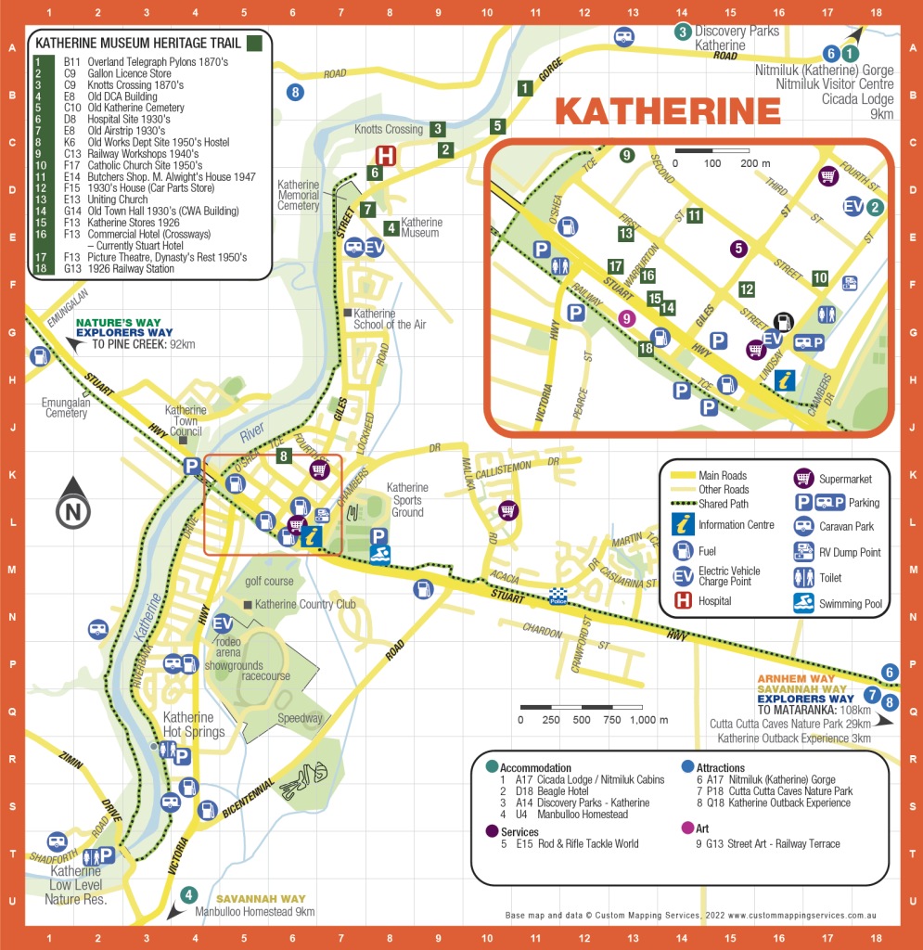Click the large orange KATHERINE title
(x=668, y=110)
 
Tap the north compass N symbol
(x=73, y=510)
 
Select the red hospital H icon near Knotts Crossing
(x=384, y=156)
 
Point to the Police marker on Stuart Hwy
(x=558, y=597)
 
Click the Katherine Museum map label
(x=421, y=227)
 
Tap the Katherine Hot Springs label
(x=194, y=724)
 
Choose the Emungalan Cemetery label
(x=65, y=407)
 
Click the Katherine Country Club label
(x=304, y=605)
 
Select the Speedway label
(x=300, y=718)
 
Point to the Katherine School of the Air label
(x=389, y=319)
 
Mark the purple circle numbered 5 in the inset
(x=738, y=248)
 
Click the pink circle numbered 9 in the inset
(x=626, y=318)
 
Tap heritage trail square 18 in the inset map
(x=646, y=349)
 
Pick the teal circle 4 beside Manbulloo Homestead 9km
(x=189, y=895)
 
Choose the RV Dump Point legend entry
(x=849, y=552)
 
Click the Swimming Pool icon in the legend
(x=803, y=604)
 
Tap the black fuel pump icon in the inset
(x=785, y=321)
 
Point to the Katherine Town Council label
(x=186, y=420)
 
